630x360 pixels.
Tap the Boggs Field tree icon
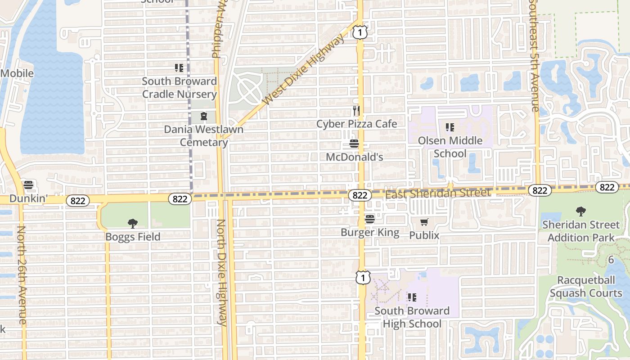(132, 223)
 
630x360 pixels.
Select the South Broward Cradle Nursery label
(180, 88)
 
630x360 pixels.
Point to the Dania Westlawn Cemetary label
(204, 136)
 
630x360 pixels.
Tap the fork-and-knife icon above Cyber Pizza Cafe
(356, 111)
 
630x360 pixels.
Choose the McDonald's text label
(355, 157)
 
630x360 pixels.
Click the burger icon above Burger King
(370, 220)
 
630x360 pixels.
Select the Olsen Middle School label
(450, 147)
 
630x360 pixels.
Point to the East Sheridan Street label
(437, 193)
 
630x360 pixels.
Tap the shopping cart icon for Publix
(424, 222)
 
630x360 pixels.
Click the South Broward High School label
(412, 317)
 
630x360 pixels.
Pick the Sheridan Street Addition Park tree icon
(581, 211)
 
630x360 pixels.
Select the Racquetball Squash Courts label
(586, 287)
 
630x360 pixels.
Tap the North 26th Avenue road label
(21, 274)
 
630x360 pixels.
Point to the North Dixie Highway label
(221, 272)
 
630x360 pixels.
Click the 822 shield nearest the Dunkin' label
(78, 201)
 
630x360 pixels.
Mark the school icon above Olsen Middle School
(450, 127)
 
